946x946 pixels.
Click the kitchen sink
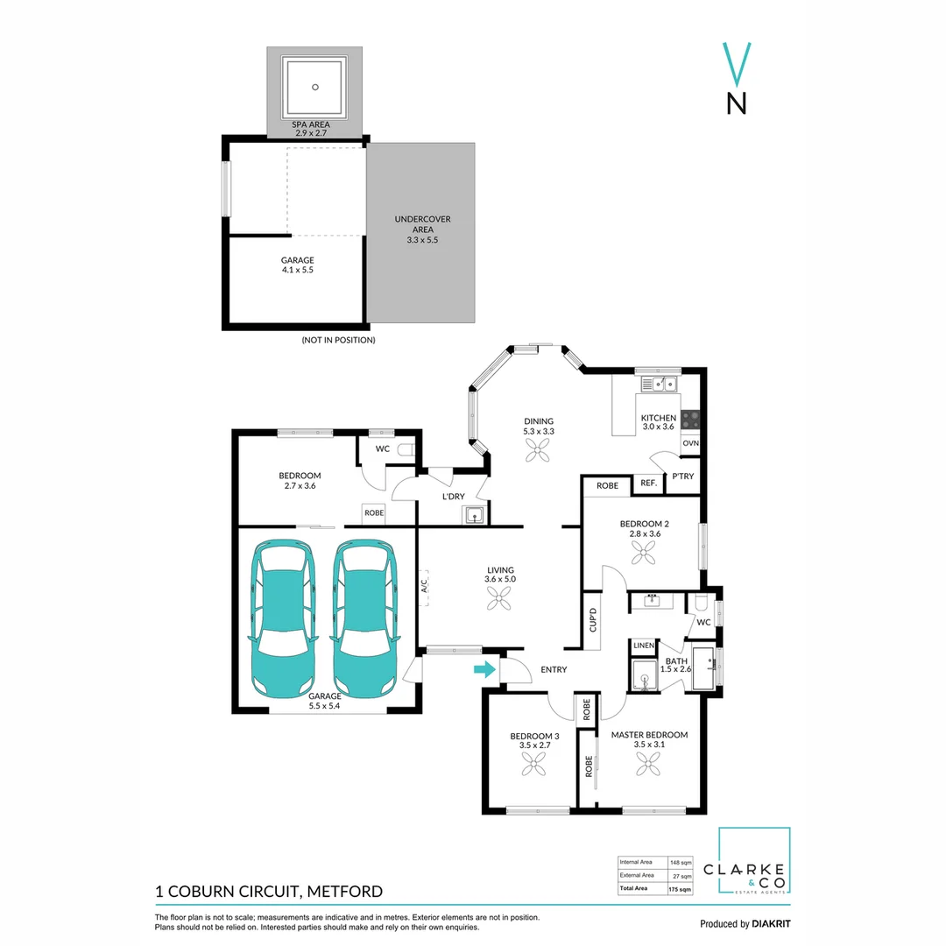[658, 383]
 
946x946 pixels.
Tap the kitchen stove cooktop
[691, 420]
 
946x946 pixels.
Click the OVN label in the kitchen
[690, 443]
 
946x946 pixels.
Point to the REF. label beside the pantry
[648, 483]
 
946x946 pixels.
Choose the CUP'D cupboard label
[593, 621]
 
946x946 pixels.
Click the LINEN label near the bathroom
[644, 646]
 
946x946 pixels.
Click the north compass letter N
[738, 103]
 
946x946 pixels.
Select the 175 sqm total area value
[681, 889]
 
